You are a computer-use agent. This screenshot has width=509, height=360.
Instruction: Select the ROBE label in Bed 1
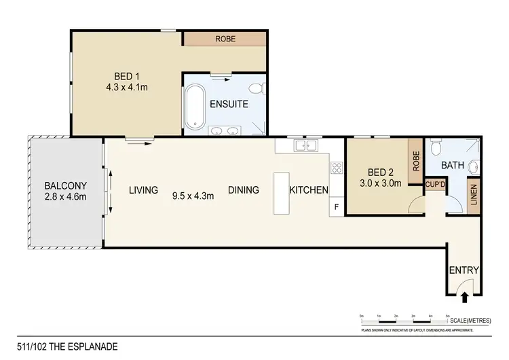[225, 39]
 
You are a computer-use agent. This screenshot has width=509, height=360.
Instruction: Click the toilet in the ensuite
[256, 88]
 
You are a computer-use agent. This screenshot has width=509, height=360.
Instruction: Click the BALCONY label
[64, 185]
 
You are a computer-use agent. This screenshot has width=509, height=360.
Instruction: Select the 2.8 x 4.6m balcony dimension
[64, 198]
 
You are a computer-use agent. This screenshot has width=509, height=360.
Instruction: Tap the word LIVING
[143, 190]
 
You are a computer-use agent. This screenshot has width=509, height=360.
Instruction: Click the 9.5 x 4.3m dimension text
[193, 196]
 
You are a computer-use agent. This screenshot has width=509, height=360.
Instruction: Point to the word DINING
[244, 190]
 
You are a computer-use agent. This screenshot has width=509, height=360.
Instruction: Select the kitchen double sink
[305, 145]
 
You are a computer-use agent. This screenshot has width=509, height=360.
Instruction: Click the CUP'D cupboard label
[434, 183]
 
